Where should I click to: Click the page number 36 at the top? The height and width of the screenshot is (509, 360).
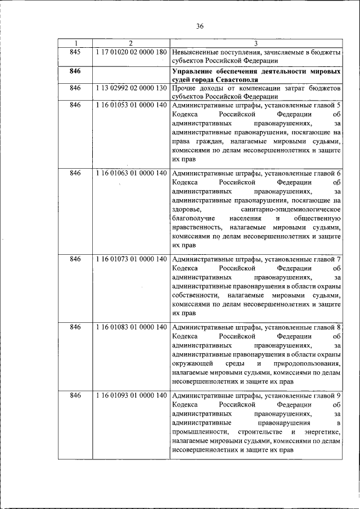click(x=200, y=26)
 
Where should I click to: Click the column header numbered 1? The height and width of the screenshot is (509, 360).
click(x=76, y=43)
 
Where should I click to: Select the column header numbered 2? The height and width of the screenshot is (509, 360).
click(x=130, y=43)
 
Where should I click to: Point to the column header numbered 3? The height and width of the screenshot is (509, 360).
click(x=256, y=43)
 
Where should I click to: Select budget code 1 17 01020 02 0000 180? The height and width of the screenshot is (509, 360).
click(x=131, y=52)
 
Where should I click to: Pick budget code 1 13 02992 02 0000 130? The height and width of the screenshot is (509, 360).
click(x=131, y=88)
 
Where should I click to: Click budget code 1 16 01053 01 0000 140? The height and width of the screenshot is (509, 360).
click(x=131, y=105)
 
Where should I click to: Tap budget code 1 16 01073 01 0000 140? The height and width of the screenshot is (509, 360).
click(x=131, y=259)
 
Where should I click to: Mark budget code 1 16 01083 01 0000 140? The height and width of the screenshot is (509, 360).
click(x=131, y=327)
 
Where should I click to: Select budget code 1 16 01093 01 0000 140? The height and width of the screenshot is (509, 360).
click(x=131, y=395)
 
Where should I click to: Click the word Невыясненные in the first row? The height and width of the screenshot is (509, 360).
click(x=199, y=52)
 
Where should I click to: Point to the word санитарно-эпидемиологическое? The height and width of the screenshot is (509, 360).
click(x=293, y=209)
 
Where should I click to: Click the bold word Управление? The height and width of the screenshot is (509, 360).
click(x=194, y=73)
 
